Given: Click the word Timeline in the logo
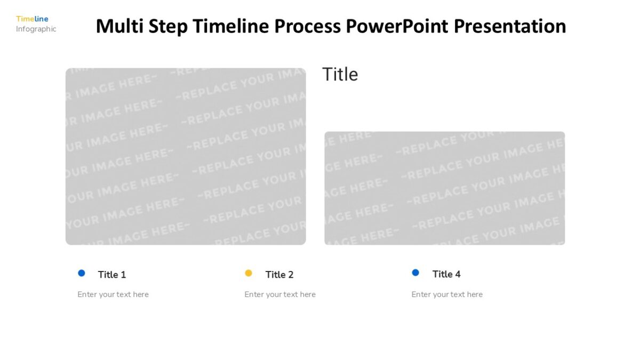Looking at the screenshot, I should pos(32,19).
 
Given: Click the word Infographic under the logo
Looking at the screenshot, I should pos(36,29).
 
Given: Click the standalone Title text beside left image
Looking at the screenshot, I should pos(340,74).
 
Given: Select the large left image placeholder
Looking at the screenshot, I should pos(186,156).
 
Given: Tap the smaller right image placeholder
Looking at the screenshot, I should pos(444,188).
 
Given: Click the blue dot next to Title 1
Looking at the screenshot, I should pos(82,273).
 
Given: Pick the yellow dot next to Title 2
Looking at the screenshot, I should pos(249,273).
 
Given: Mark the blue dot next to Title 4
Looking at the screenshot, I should pos(415,273).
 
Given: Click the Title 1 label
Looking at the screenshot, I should pos(112,275).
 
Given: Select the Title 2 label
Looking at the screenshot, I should pos(279,275).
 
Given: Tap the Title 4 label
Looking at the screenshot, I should pos(446,274).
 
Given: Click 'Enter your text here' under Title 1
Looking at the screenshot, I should pos(113,294).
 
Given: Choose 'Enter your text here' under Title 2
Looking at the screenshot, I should pos(280,294).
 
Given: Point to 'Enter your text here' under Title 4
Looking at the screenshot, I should pos(447,294).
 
